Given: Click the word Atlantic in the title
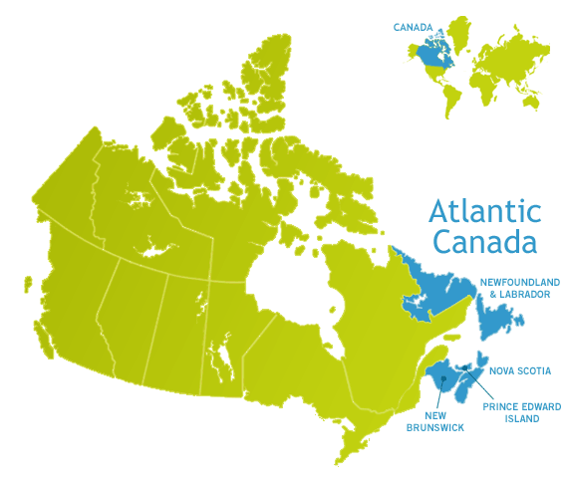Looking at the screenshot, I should [x=484, y=211].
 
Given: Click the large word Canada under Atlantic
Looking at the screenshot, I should [x=485, y=242].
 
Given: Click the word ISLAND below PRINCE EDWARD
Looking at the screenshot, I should [x=521, y=419].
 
